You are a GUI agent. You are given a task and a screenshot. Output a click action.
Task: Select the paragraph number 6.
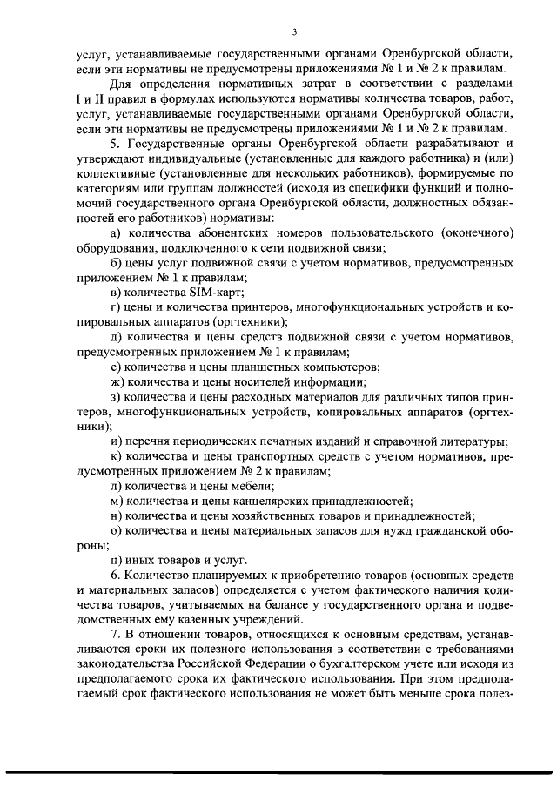click(x=116, y=576)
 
